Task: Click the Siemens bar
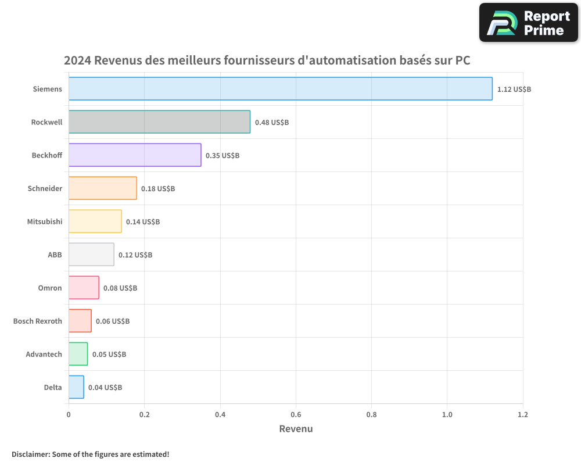pyautogui.click(x=280, y=89)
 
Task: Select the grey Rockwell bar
pyautogui.click(x=159, y=122)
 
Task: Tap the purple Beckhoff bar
pyautogui.click(x=135, y=155)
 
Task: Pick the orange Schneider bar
pyautogui.click(x=103, y=188)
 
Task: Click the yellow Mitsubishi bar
pyautogui.click(x=95, y=221)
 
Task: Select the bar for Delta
pyautogui.click(x=76, y=387)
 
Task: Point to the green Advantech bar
pyautogui.click(x=78, y=354)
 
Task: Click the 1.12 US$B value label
pyautogui.click(x=514, y=90)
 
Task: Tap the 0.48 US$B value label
pyautogui.click(x=271, y=123)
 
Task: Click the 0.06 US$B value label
pyautogui.click(x=112, y=321)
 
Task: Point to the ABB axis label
pyautogui.click(x=55, y=255)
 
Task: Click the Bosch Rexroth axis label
pyautogui.click(x=38, y=321)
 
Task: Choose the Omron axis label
pyautogui.click(x=50, y=288)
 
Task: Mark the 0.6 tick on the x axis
pyautogui.click(x=296, y=414)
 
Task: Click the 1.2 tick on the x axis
pyautogui.click(x=522, y=414)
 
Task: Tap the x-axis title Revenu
pyautogui.click(x=296, y=429)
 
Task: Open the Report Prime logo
pyautogui.click(x=528, y=23)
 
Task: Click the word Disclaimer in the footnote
pyautogui.click(x=30, y=454)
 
